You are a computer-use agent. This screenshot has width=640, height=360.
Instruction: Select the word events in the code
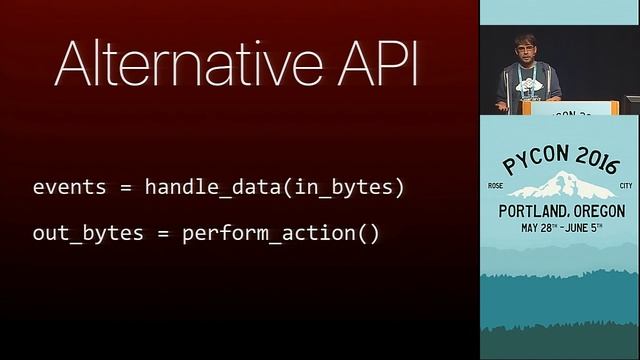click(x=66, y=187)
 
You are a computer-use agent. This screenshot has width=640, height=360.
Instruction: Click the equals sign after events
click(x=123, y=187)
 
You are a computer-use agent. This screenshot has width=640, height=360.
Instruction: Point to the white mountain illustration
click(x=559, y=185)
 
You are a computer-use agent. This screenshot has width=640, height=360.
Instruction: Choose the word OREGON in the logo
click(x=594, y=211)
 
